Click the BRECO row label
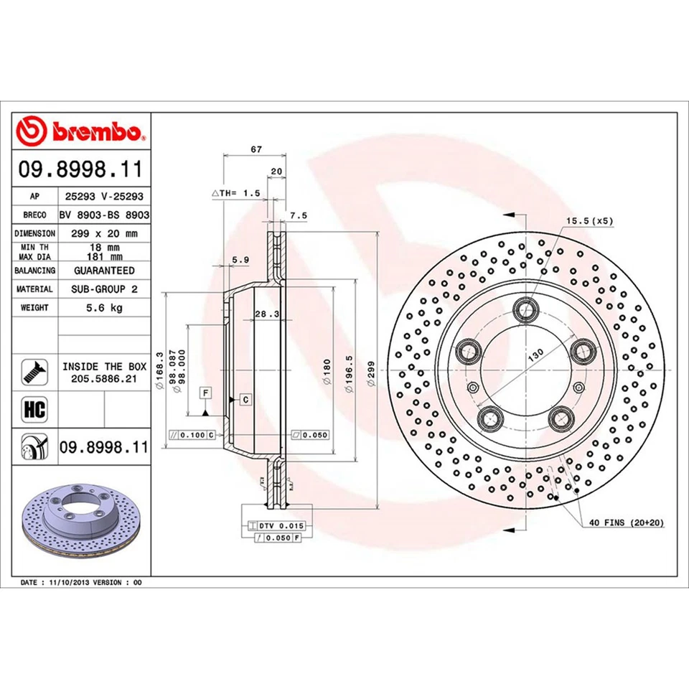point(34,215)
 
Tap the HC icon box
point(34,410)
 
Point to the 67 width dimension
point(255,149)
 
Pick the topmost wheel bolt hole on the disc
point(527,309)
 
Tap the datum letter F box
point(205,393)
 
